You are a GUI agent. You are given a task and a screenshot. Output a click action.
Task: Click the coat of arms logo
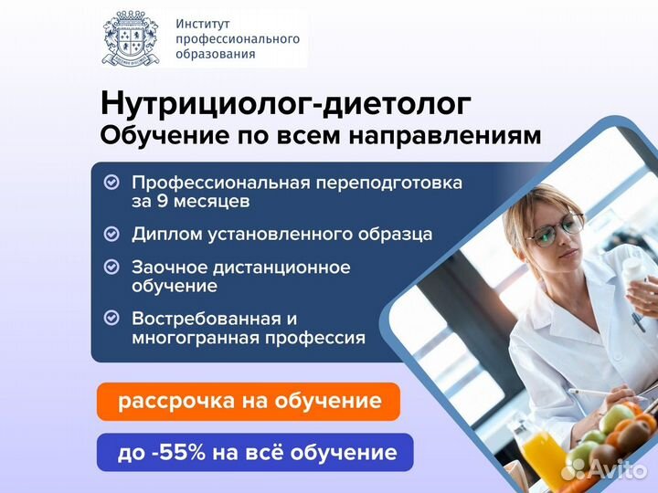[x=130, y=38]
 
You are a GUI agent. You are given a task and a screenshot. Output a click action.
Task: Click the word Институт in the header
[x=203, y=24]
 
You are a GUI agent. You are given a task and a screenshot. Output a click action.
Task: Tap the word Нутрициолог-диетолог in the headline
[x=286, y=103]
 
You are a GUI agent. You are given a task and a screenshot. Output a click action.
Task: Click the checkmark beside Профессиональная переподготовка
[x=111, y=183]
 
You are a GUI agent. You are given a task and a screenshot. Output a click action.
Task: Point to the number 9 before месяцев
[x=162, y=201]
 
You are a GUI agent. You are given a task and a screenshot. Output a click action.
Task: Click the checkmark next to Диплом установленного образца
[x=111, y=234]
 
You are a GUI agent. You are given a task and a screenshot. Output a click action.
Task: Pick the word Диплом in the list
[x=167, y=235]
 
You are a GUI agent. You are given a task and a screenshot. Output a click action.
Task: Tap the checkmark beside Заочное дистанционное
[x=111, y=267]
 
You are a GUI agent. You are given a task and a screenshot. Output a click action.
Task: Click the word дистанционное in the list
[x=281, y=267]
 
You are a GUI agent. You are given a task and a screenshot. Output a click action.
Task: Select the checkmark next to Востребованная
[x=111, y=318]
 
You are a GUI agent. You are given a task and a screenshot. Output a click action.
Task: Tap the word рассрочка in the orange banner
[x=176, y=401]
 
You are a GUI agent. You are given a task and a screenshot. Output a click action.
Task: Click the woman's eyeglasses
[x=555, y=229]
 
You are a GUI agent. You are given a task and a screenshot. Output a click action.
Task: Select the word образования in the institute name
[x=216, y=54]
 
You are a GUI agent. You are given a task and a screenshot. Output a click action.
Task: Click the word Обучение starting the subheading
[x=165, y=137]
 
